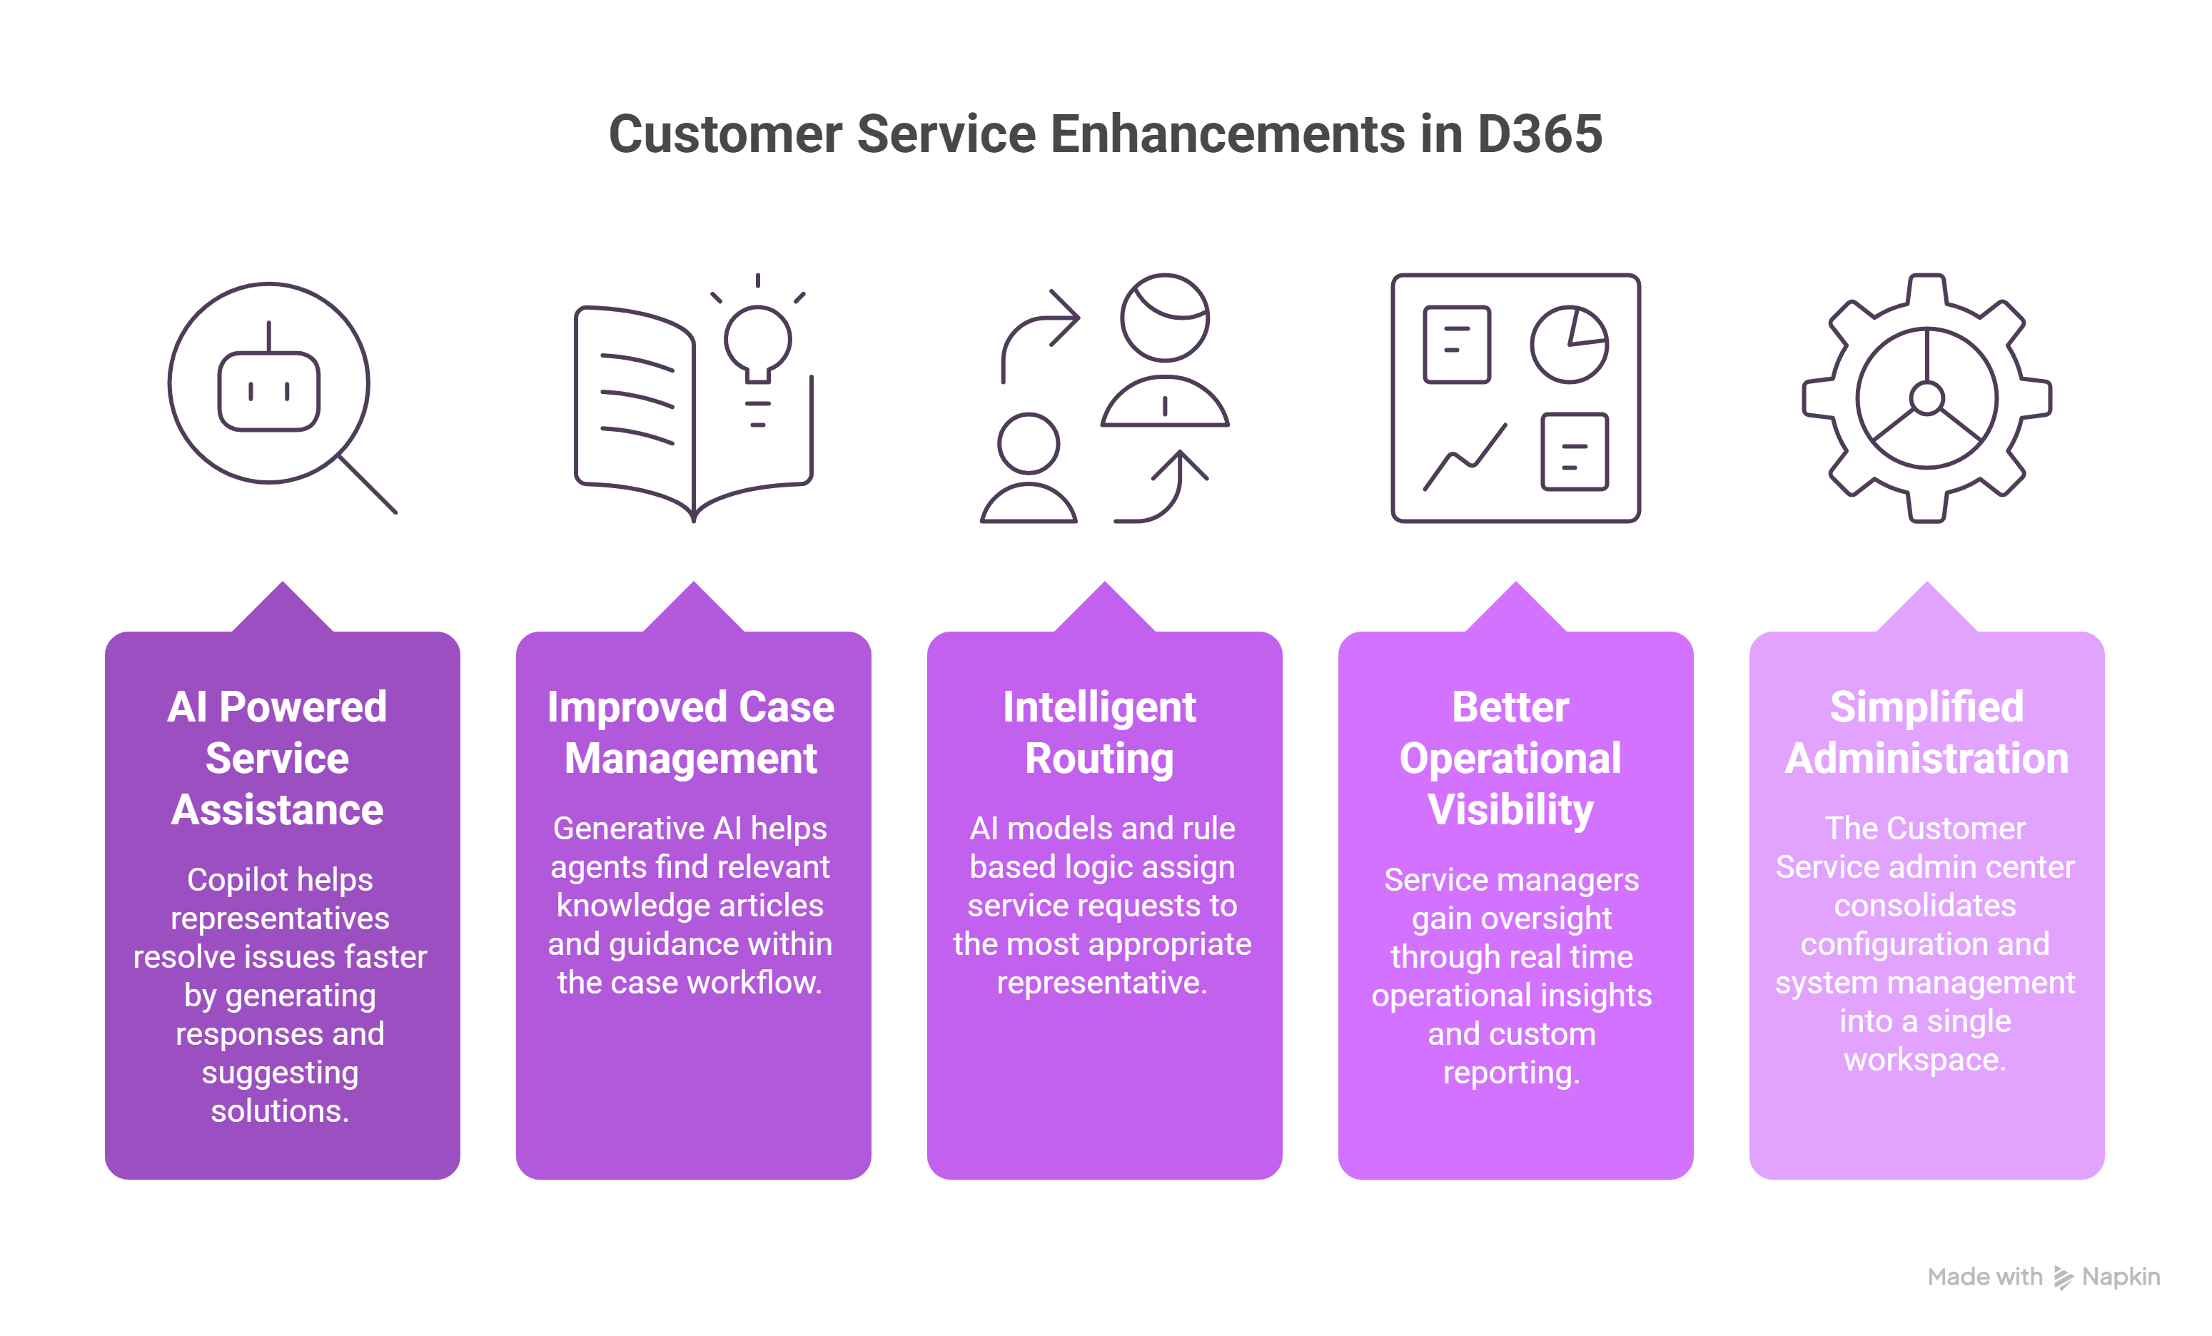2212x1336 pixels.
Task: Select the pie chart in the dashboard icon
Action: pyautogui.click(x=1568, y=345)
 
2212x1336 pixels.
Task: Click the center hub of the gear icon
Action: pyautogui.click(x=1926, y=398)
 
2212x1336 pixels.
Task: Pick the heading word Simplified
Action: pyautogui.click(x=1926, y=707)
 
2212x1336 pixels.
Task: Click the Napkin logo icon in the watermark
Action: pyautogui.click(x=2063, y=1277)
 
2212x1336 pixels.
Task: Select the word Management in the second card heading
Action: pyautogui.click(x=690, y=759)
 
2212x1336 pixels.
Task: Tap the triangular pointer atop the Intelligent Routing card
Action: pyautogui.click(x=1104, y=609)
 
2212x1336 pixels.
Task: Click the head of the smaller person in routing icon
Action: pyautogui.click(x=1028, y=442)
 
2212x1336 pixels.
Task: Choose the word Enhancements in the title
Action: pyautogui.click(x=1227, y=135)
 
